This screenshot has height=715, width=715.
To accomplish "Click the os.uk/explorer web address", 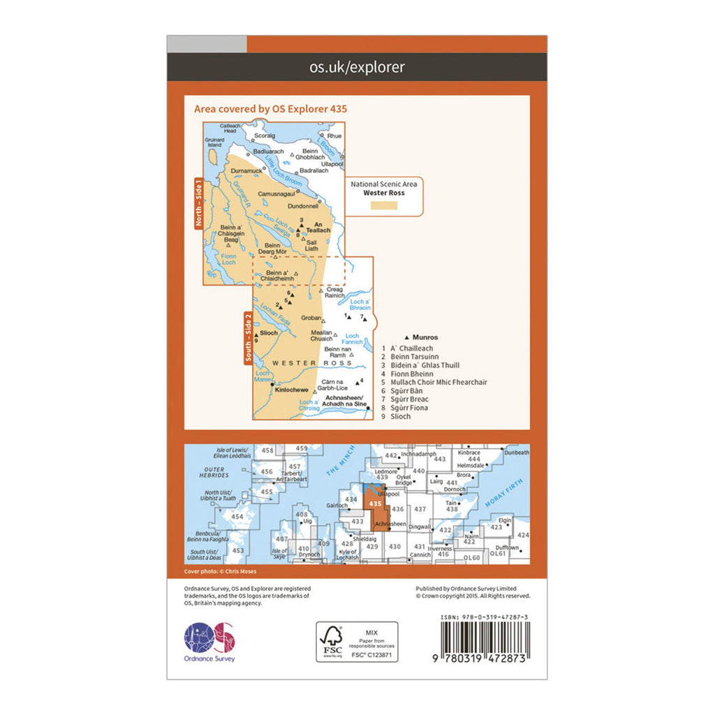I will pyautogui.click(x=357, y=68).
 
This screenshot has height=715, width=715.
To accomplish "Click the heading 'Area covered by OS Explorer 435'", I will pyautogui.click(x=270, y=109).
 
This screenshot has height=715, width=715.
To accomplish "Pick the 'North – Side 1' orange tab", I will pyautogui.click(x=198, y=203).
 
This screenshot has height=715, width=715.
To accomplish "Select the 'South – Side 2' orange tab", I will pyautogui.click(x=248, y=338).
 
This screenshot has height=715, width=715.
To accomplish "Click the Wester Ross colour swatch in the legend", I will pyautogui.click(x=383, y=205).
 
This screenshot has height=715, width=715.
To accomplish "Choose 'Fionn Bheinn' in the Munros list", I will pyautogui.click(x=410, y=374).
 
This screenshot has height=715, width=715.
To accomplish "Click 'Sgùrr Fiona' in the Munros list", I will pyautogui.click(x=409, y=408).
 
